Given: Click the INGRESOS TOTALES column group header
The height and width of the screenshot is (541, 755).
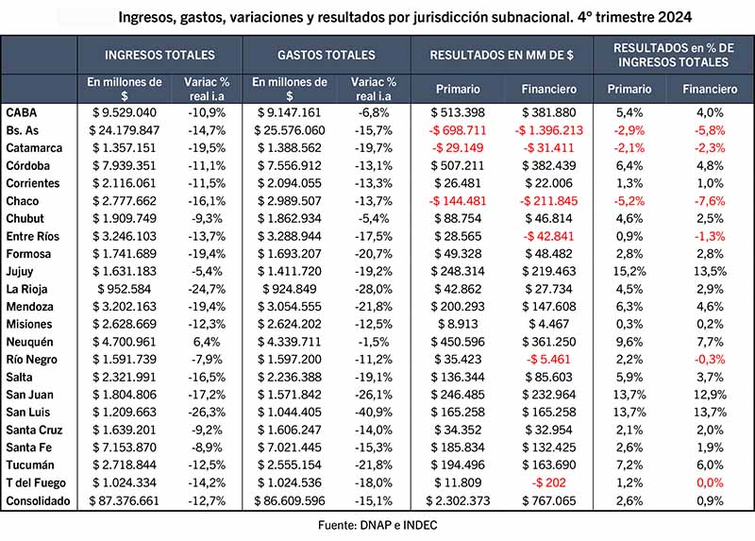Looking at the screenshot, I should click(159, 55).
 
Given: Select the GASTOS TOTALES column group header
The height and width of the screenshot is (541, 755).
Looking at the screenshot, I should click(326, 55).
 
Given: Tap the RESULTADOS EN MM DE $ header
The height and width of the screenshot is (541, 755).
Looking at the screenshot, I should click(501, 55).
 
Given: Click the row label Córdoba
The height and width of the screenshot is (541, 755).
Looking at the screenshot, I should click(27, 165).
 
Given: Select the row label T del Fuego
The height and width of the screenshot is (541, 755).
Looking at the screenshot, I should click(35, 482).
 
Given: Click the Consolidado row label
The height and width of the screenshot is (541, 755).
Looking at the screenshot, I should click(38, 500).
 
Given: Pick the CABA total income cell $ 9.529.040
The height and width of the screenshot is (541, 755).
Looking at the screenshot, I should click(125, 111).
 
